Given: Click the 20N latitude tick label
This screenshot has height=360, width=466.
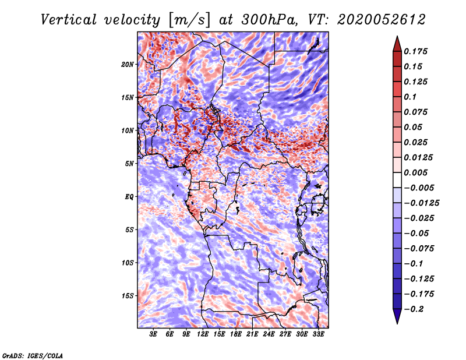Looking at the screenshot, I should [128, 64].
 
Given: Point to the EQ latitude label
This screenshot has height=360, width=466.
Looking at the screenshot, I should [129, 196].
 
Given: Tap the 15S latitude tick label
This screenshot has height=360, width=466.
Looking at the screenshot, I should [128, 295].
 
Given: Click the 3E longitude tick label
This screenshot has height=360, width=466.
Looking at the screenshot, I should [154, 334].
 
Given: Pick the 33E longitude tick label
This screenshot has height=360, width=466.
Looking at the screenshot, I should [318, 334].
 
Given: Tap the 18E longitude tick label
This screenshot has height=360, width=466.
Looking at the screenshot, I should [236, 334].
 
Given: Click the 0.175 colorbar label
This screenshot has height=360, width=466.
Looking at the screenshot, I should [416, 51].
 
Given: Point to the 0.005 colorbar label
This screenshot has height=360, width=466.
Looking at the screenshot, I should [416, 172].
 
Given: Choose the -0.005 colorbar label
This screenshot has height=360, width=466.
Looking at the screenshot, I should [419, 188].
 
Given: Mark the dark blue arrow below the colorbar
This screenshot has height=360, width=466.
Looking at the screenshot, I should [396, 316].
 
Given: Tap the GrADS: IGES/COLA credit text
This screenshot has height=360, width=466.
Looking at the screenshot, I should [32, 355].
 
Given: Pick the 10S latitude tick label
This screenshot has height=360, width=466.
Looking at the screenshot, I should [128, 262].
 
